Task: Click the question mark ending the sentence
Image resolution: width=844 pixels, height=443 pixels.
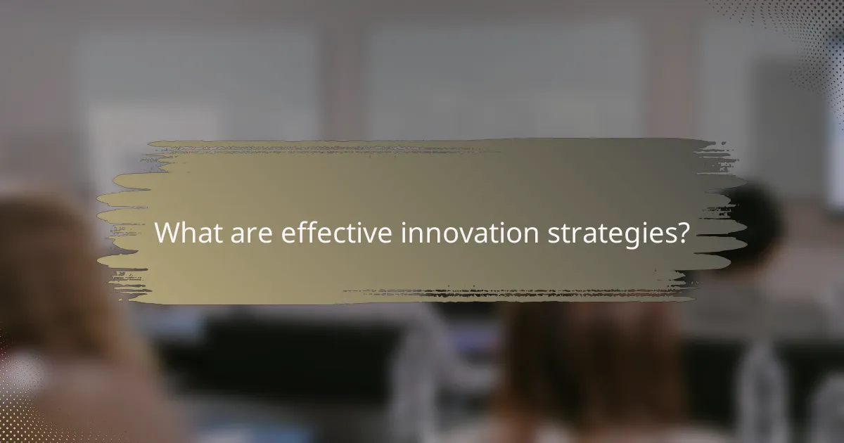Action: tap(682, 232)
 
